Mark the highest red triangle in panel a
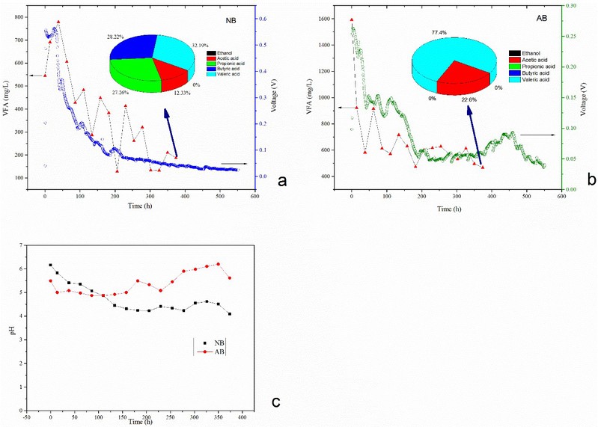(58, 22)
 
